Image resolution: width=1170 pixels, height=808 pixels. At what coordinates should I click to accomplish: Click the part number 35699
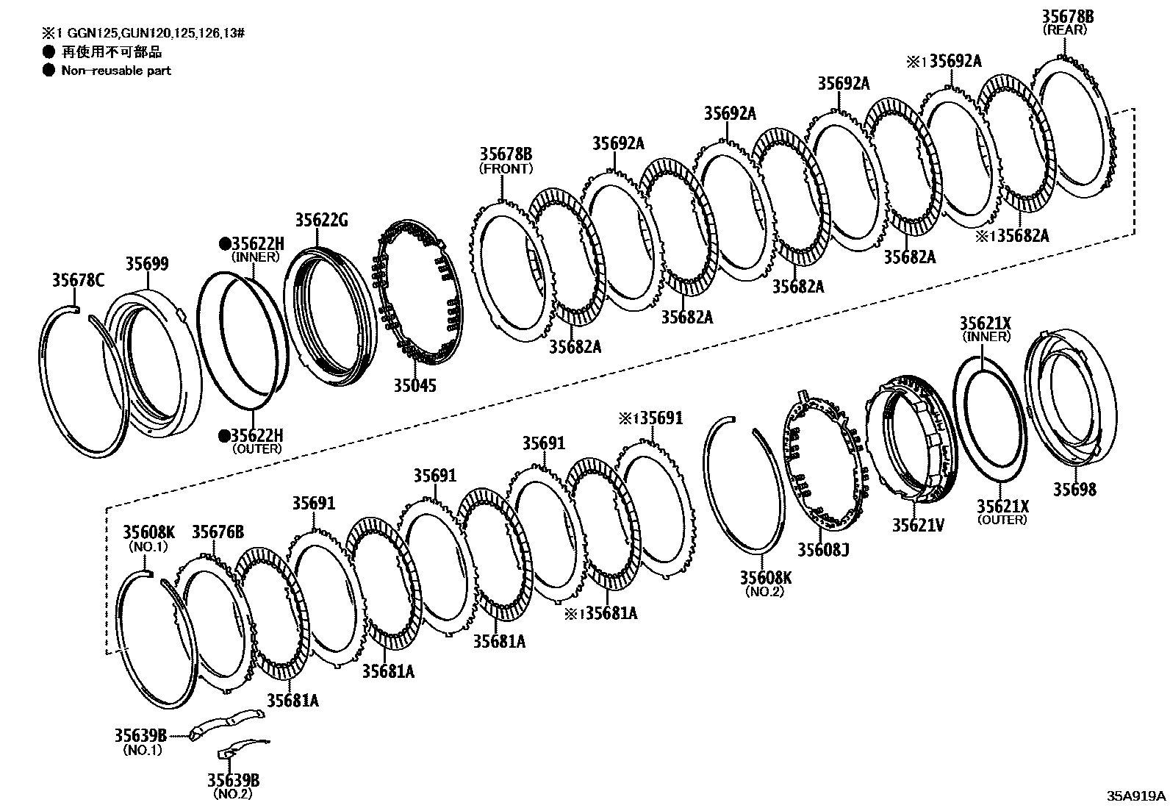(x=146, y=264)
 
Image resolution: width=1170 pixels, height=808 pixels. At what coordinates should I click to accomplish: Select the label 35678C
(x=78, y=279)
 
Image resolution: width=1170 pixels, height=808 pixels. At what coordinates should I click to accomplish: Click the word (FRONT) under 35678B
(x=506, y=168)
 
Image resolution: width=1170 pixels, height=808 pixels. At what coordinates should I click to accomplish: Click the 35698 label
(x=1074, y=489)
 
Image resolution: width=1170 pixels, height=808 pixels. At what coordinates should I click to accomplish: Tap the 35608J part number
(x=823, y=548)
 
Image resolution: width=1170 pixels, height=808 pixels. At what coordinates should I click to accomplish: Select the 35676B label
(x=218, y=532)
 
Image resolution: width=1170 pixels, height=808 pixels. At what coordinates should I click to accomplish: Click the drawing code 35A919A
(x=1137, y=796)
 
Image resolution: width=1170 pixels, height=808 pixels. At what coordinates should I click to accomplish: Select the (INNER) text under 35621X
(x=986, y=336)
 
